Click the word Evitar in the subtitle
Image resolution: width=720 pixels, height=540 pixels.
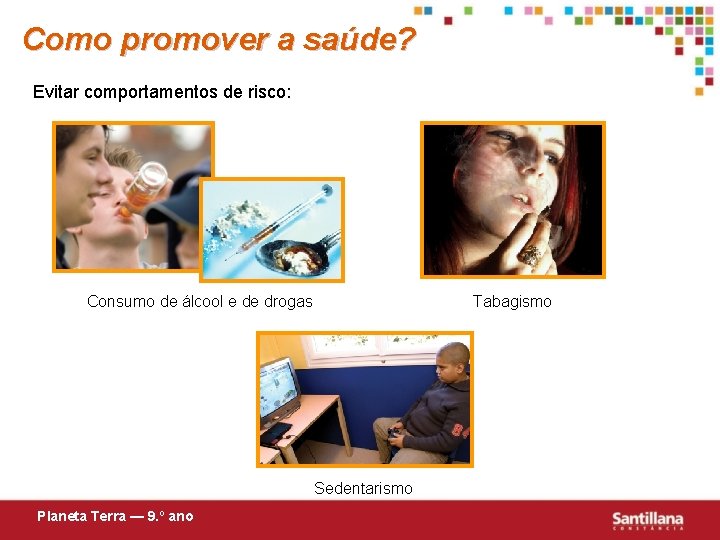click(x=56, y=92)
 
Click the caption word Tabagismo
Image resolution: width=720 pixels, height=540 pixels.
click(x=512, y=301)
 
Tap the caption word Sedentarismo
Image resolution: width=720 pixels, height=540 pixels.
click(x=363, y=488)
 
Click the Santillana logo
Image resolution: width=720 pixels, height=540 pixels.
click(x=648, y=520)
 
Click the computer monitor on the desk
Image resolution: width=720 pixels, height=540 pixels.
click(x=279, y=390)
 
